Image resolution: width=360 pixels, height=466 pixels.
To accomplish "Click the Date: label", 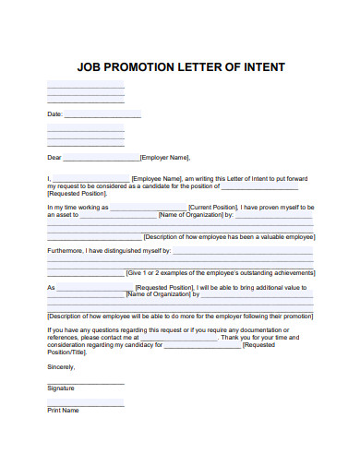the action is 54,114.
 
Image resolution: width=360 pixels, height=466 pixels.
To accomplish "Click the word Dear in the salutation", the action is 54,157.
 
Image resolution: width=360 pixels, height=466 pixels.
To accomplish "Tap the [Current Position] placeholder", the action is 213,208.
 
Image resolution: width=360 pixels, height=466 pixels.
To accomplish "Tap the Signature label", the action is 62,388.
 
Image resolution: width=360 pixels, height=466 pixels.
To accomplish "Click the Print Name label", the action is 63,410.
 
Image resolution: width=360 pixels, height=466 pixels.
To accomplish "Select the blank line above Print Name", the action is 85,402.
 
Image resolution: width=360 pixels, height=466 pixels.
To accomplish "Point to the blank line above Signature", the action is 85,381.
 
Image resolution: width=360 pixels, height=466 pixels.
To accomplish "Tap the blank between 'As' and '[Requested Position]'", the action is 95,288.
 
